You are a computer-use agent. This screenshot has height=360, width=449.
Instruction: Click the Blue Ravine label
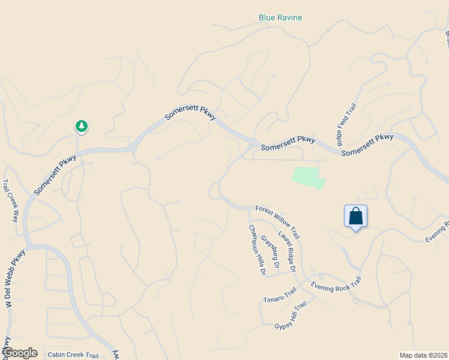coord(280,17)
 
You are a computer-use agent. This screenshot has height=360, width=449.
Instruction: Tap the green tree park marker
coord(82,126)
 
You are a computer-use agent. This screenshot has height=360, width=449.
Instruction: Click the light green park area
coord(308,178)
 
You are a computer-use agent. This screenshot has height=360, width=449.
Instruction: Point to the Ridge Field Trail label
coord(347,124)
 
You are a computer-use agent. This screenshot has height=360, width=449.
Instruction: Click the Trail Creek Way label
coord(11,200)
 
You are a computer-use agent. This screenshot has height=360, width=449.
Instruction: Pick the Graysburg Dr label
coord(270,251)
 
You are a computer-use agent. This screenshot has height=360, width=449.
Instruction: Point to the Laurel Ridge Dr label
coord(287,252)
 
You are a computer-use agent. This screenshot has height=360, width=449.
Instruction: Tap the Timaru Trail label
coord(280,295)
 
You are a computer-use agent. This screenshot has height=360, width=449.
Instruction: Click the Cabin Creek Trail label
coord(73,355)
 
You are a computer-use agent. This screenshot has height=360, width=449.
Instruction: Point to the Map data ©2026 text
coord(423,355)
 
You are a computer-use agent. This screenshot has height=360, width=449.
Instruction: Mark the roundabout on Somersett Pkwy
coord(133,148)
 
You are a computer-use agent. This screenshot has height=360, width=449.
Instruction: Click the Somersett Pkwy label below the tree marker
coord(56,175)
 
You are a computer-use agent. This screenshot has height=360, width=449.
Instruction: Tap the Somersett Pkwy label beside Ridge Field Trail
coord(367,146)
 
